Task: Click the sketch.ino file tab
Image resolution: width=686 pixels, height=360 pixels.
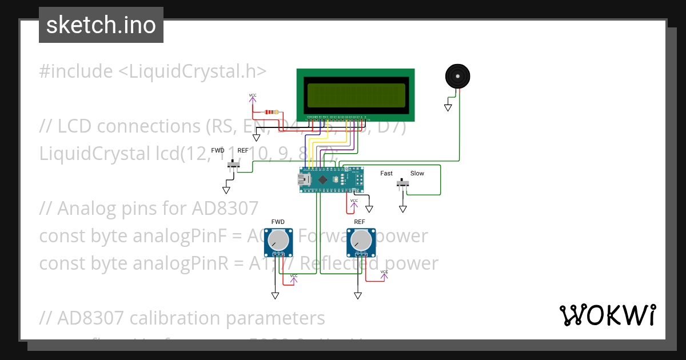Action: coord(101,25)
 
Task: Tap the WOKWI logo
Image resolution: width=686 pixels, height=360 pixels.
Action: coord(607,315)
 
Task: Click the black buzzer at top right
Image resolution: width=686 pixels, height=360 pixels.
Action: coord(457,76)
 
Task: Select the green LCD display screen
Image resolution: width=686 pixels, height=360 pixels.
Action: coord(356,94)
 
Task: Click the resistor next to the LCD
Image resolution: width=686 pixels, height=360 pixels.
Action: coord(271,112)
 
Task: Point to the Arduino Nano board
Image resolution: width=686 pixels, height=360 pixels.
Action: coord(332,179)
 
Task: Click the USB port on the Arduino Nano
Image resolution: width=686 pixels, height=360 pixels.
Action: coord(303,179)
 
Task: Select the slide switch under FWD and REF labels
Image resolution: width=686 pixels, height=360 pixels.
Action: coord(233,165)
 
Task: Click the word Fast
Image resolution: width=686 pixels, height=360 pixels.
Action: coord(386,173)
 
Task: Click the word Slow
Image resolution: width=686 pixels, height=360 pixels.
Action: coord(417,173)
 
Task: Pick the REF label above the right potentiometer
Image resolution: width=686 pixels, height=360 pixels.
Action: coord(360,222)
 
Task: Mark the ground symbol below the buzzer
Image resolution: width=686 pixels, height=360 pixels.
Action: coord(448,107)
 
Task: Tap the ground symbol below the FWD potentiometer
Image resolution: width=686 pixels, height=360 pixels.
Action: coord(275,295)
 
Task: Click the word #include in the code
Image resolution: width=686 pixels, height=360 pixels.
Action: coord(76,71)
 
